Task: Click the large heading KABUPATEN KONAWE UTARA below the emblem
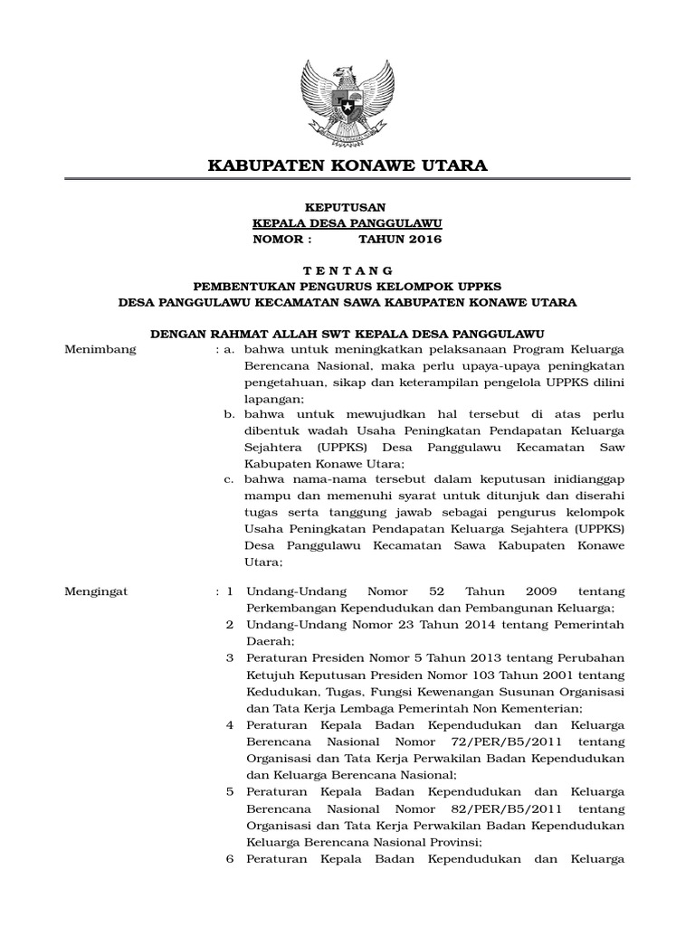point(347,165)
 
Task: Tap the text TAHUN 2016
point(400,239)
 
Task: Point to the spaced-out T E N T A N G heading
point(347,270)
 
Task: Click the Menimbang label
point(100,349)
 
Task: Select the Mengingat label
point(98,591)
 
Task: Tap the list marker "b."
point(230,413)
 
